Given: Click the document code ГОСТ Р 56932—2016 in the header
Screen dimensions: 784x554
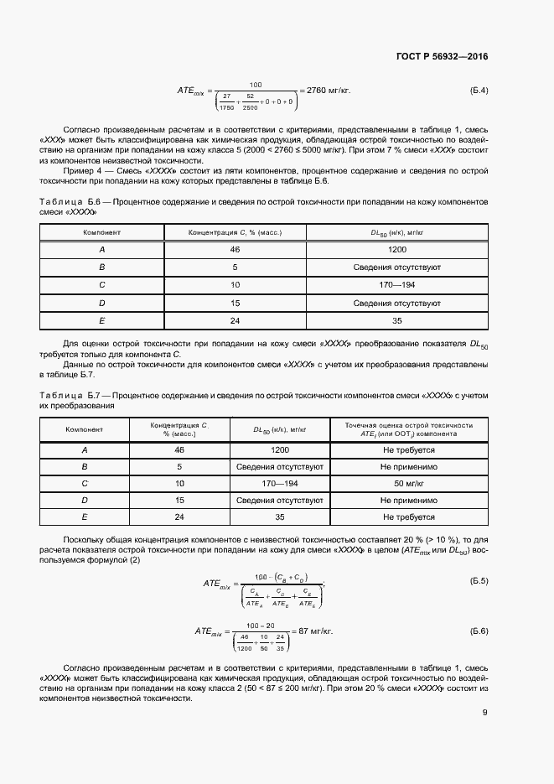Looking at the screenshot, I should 442,57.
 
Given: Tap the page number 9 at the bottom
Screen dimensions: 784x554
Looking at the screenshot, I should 485,714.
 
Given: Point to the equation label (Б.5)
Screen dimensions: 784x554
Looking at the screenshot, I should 477,580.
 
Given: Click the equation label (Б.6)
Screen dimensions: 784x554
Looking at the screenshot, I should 477,630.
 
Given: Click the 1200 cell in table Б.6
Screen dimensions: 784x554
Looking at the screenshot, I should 397,250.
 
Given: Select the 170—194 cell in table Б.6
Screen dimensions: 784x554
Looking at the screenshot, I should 397,285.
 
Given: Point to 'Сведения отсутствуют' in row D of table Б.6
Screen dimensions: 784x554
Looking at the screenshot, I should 397,303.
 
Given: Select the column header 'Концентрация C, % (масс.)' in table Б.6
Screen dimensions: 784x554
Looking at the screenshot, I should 235,231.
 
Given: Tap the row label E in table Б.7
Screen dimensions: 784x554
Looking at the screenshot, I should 84,517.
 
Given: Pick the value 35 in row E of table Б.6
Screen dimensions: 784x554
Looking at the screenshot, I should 397,320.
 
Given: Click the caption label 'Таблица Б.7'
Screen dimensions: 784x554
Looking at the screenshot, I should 70,394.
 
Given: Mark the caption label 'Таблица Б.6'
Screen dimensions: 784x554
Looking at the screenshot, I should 70,203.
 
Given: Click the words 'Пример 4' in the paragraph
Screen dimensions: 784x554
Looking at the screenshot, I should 80,170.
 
